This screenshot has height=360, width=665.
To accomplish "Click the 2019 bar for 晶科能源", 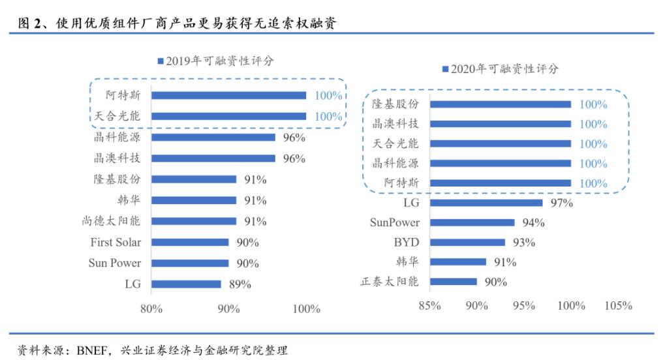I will (x=213, y=137).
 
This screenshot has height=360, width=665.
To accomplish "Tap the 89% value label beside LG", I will (x=240, y=284).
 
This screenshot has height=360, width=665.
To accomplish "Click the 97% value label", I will (x=561, y=203).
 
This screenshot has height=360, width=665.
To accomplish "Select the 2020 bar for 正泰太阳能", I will (x=453, y=282).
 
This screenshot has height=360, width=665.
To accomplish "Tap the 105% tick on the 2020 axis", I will (x=619, y=305).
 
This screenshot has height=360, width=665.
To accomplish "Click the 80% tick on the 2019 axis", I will (x=151, y=308).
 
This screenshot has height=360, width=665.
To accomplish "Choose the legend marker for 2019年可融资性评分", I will (x=160, y=61).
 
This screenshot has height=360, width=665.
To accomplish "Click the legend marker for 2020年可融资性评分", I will (x=445, y=68).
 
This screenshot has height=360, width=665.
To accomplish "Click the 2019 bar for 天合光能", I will (x=228, y=116).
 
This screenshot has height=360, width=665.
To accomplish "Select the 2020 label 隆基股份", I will (x=395, y=104).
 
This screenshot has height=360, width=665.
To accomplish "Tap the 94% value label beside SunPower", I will (x=533, y=222).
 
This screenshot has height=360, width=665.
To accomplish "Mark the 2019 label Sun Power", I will (x=115, y=263).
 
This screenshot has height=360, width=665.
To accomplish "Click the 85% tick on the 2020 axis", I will (x=429, y=305).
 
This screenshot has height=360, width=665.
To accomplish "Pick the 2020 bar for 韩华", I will (x=458, y=262).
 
